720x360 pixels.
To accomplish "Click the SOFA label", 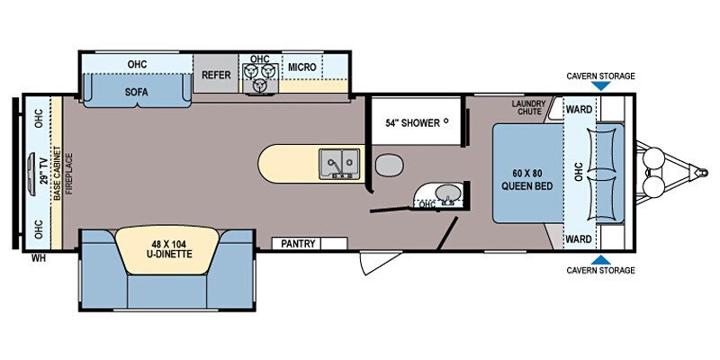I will click(x=137, y=92).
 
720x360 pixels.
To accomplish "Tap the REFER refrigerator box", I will click(x=216, y=75).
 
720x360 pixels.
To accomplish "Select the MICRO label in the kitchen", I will click(x=301, y=67).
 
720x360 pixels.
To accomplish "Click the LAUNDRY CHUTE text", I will click(x=528, y=107).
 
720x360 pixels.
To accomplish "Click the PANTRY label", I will click(x=298, y=243).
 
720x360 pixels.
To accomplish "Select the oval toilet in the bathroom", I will click(x=389, y=166).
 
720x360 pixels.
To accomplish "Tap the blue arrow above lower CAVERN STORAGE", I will click(x=601, y=259).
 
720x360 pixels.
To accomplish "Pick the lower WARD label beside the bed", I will click(x=579, y=238).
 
